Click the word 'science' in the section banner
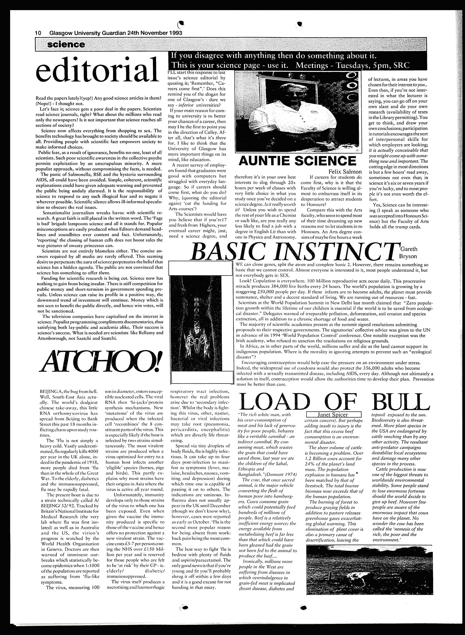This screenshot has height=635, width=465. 66,44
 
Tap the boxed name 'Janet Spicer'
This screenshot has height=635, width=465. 333,415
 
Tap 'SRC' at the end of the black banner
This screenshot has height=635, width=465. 401,66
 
